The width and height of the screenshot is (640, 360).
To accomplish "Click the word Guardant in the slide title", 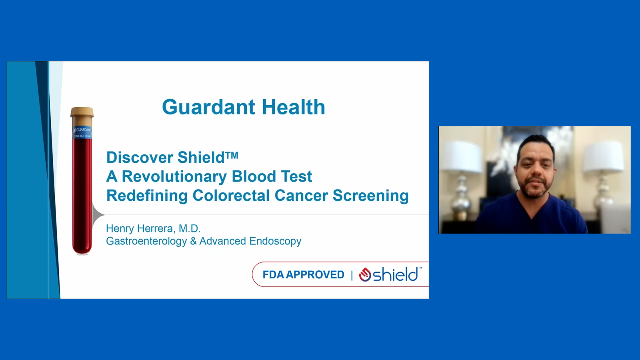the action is pyautogui.click(x=208, y=107).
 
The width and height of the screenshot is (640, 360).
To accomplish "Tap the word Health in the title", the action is pyautogui.click(x=294, y=107).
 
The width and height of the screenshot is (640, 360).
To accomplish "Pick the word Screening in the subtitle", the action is pyautogui.click(x=370, y=196).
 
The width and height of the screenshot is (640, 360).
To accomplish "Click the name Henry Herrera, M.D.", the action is pyautogui.click(x=153, y=228).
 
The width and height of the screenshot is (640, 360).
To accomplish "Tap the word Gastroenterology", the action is pyautogui.click(x=146, y=242).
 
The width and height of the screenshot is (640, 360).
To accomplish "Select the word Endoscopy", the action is pyautogui.click(x=275, y=242).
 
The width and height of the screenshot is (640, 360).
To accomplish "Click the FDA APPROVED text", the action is pyautogui.click(x=303, y=275).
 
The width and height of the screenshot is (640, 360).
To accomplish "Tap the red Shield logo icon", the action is pyautogui.click(x=365, y=274).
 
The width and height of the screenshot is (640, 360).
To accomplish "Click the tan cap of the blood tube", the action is pyautogui.click(x=82, y=112).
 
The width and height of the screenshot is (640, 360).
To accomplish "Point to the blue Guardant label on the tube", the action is pyautogui.click(x=82, y=133).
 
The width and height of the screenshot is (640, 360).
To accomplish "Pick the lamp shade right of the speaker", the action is pyautogui.click(x=604, y=156).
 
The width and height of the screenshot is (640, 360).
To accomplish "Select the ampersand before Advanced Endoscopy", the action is pyautogui.click(x=193, y=242).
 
